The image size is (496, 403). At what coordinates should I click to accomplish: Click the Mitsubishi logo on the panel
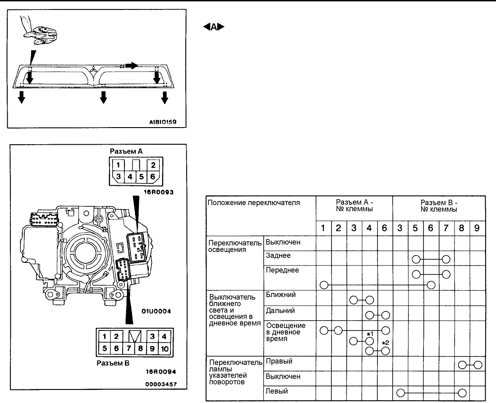(x=94, y=72)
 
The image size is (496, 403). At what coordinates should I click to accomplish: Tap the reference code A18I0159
(x=163, y=122)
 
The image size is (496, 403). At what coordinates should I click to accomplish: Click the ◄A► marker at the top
(x=214, y=27)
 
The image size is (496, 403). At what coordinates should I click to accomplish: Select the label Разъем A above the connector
(x=126, y=151)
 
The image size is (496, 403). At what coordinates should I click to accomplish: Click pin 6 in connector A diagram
(x=153, y=177)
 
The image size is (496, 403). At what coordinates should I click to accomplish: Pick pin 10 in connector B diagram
(x=165, y=348)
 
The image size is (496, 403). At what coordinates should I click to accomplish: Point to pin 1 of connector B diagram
(x=105, y=336)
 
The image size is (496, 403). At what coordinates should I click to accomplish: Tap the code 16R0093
(x=159, y=192)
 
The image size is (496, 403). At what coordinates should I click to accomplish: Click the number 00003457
(x=161, y=385)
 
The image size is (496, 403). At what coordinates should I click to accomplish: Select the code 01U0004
(x=156, y=311)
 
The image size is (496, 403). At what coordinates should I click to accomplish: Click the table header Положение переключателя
(x=254, y=203)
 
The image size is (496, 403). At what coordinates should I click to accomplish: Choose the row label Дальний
(x=280, y=311)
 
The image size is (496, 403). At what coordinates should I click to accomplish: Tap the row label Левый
(x=277, y=391)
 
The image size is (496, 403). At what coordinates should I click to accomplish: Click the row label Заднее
(x=278, y=255)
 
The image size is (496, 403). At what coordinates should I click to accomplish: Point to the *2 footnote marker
(x=386, y=343)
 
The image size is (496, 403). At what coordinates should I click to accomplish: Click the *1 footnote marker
(x=370, y=334)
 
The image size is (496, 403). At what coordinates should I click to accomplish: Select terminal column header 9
(x=477, y=228)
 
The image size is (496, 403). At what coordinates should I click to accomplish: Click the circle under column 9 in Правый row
(x=478, y=365)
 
